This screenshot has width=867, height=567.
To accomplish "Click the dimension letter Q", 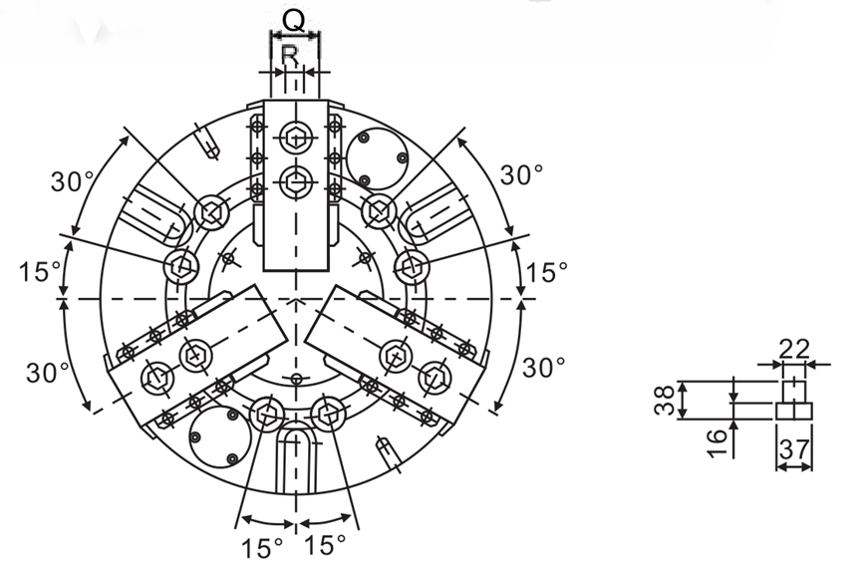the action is click(x=294, y=21).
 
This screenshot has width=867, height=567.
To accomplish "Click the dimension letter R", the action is click(x=290, y=55).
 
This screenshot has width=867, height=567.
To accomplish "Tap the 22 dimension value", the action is click(x=794, y=349).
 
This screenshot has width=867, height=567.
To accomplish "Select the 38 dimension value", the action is click(x=664, y=400).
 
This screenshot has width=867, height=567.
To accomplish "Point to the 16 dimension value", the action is click(x=717, y=443).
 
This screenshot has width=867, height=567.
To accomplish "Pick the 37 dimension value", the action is click(x=794, y=449).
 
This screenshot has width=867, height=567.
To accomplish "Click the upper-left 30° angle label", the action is click(x=73, y=181).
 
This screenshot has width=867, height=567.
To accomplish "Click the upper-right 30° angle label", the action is click(x=521, y=175).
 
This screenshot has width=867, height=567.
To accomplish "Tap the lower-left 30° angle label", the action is click(x=48, y=373).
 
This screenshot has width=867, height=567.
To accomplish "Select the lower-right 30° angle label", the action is click(x=543, y=367).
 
